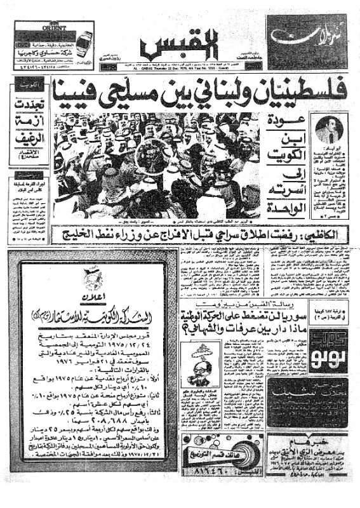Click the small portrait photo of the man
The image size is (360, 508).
click(x=329, y=129)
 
